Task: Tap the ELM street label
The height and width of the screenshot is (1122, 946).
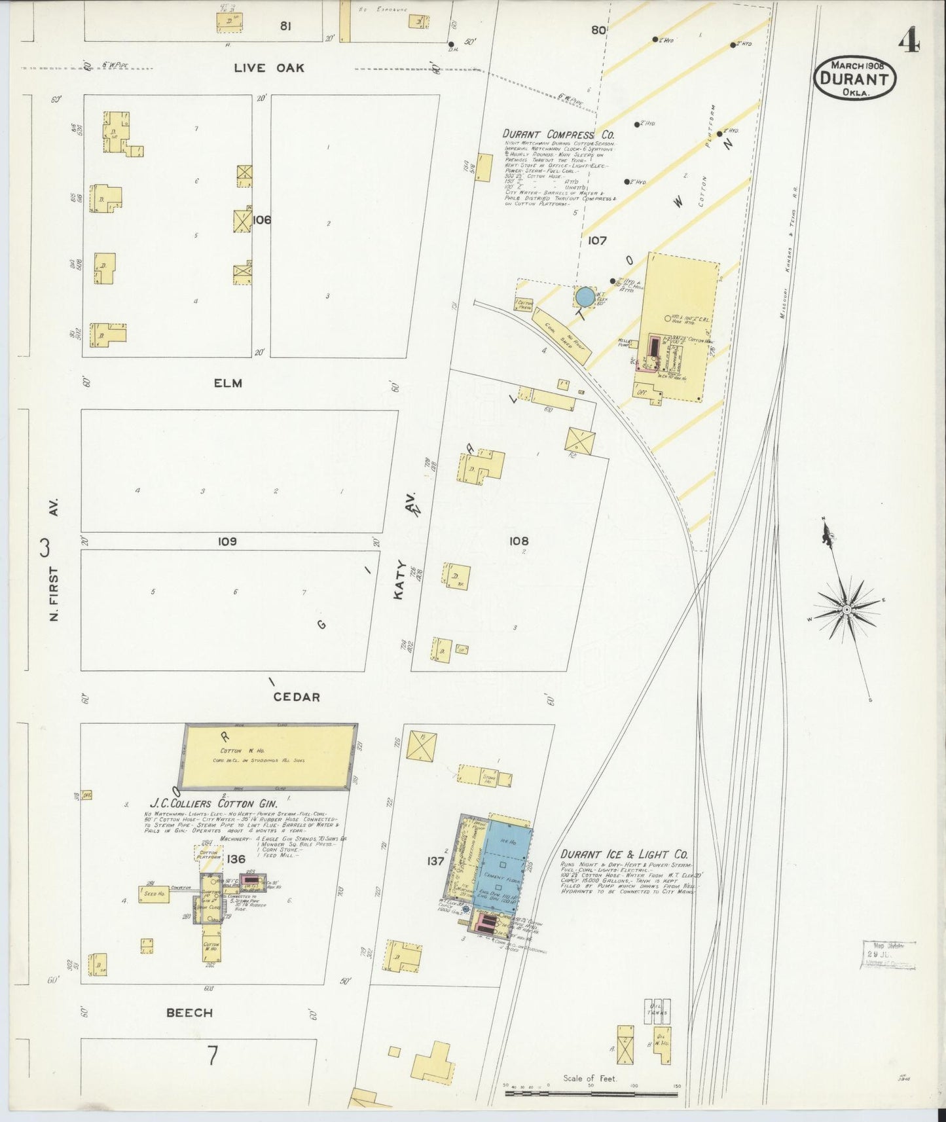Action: (228, 383)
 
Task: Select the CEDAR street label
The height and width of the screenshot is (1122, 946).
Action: (297, 697)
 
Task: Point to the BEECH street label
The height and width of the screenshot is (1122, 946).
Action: (189, 1013)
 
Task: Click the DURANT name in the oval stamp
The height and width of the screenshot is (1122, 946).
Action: (854, 80)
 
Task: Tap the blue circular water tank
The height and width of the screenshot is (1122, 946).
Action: (585, 297)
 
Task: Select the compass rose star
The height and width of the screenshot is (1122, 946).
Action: (846, 609)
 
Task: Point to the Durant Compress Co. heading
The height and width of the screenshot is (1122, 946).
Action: (558, 134)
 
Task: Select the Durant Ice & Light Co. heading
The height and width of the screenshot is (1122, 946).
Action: (623, 854)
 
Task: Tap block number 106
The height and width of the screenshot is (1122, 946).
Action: (261, 220)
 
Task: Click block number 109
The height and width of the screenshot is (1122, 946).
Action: (227, 541)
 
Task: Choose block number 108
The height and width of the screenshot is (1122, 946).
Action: (518, 541)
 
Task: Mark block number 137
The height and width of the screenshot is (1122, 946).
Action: (435, 861)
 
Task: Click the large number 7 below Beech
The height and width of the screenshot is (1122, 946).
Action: (212, 1057)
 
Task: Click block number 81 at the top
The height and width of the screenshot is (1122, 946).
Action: (285, 26)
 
